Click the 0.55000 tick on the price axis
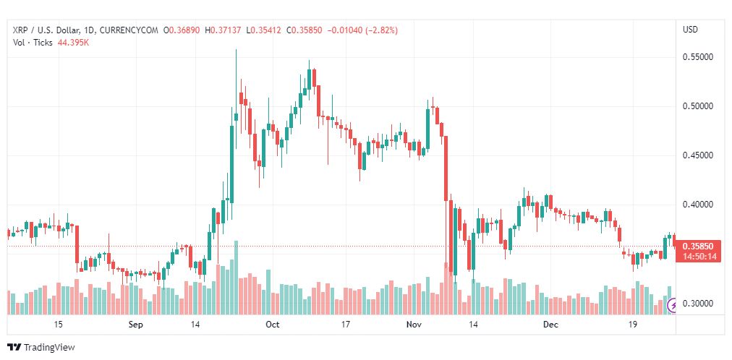pyautogui.click(x=698, y=57)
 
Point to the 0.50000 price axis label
pyautogui.click(x=698, y=106)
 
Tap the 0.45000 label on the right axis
pyautogui.click(x=698, y=155)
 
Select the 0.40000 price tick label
pyautogui.click(x=698, y=205)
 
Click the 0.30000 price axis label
pyautogui.click(x=698, y=304)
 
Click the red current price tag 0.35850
pyautogui.click(x=699, y=247)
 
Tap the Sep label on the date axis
pyautogui.click(x=136, y=325)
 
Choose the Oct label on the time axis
pyautogui.click(x=272, y=325)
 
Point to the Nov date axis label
pyautogui.click(x=414, y=325)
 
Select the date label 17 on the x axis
pyautogui.click(x=346, y=325)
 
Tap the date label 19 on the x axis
pyautogui.click(x=633, y=325)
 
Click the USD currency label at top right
pyautogui.click(x=691, y=30)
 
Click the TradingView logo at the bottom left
pyautogui.click(x=41, y=348)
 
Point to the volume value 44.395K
pyautogui.click(x=74, y=43)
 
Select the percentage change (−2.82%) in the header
pyautogui.click(x=382, y=31)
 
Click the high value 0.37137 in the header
pyautogui.click(x=226, y=31)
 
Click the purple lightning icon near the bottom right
pyautogui.click(x=673, y=306)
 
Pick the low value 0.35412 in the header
pyautogui.click(x=265, y=31)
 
